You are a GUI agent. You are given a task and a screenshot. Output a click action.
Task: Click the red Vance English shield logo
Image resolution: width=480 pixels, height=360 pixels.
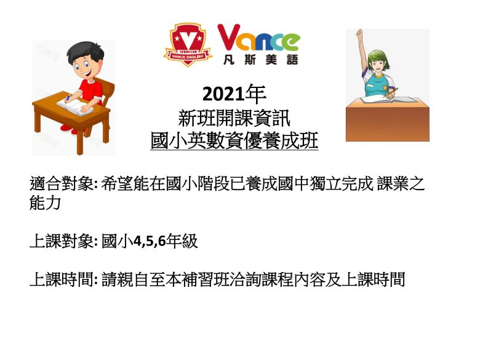[188, 45]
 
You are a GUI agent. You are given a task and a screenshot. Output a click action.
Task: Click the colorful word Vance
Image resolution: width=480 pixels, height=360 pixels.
[258, 38]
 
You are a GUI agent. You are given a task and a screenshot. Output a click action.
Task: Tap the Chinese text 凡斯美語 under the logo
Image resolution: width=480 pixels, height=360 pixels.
[260, 60]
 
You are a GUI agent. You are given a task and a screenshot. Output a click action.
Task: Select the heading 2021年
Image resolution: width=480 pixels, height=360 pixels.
[234, 94]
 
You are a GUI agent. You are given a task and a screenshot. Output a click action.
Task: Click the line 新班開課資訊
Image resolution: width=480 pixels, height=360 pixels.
[234, 118]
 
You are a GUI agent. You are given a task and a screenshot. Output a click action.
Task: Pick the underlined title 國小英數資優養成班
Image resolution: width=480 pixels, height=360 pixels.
[234, 140]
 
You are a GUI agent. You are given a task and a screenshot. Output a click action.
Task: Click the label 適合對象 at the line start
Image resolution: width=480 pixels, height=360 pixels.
[62, 183]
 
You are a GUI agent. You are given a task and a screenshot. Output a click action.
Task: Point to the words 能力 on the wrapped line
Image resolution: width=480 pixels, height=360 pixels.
[45, 202]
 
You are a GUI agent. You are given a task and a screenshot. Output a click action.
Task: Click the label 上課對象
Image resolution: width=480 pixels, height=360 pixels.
[62, 241]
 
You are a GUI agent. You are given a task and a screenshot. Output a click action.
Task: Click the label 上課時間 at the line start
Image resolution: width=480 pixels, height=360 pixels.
[62, 279]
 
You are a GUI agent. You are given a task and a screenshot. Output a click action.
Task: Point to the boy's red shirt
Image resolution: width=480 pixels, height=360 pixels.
[90, 90]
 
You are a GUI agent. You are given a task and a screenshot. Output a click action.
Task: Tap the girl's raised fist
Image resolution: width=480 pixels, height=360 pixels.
[360, 33]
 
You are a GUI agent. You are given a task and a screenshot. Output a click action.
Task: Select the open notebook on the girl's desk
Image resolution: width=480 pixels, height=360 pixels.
[388, 100]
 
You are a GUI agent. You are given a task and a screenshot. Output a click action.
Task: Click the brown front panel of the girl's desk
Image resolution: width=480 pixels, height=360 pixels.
[388, 124]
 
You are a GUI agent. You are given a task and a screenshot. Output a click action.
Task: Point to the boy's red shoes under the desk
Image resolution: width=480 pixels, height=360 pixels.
[70, 129]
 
